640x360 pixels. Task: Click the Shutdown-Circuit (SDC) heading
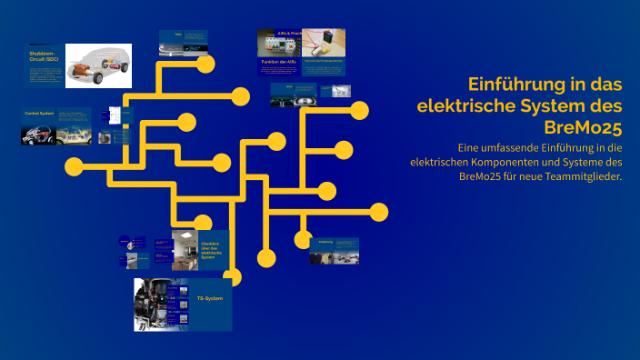coord(42,57)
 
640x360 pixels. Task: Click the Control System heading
coord(39,114)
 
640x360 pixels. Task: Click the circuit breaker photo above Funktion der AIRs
coord(279,42)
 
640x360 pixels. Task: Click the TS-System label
coord(209,298)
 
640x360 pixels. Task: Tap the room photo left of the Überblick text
coord(185,249)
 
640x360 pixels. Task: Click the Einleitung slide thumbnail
coord(334,251)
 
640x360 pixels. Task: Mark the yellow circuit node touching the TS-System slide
coord(232,277)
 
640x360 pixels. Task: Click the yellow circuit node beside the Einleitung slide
coord(303,240)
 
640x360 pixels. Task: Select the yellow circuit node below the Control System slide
coord(74,166)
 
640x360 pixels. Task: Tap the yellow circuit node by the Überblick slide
coord(203,224)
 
